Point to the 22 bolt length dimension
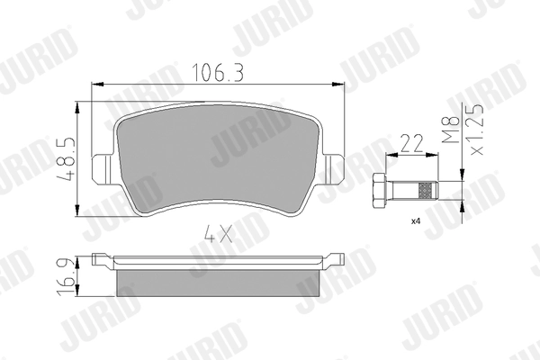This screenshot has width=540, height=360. pyautogui.click(x=413, y=143)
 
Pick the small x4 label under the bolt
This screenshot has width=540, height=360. pyautogui.click(x=418, y=220)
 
